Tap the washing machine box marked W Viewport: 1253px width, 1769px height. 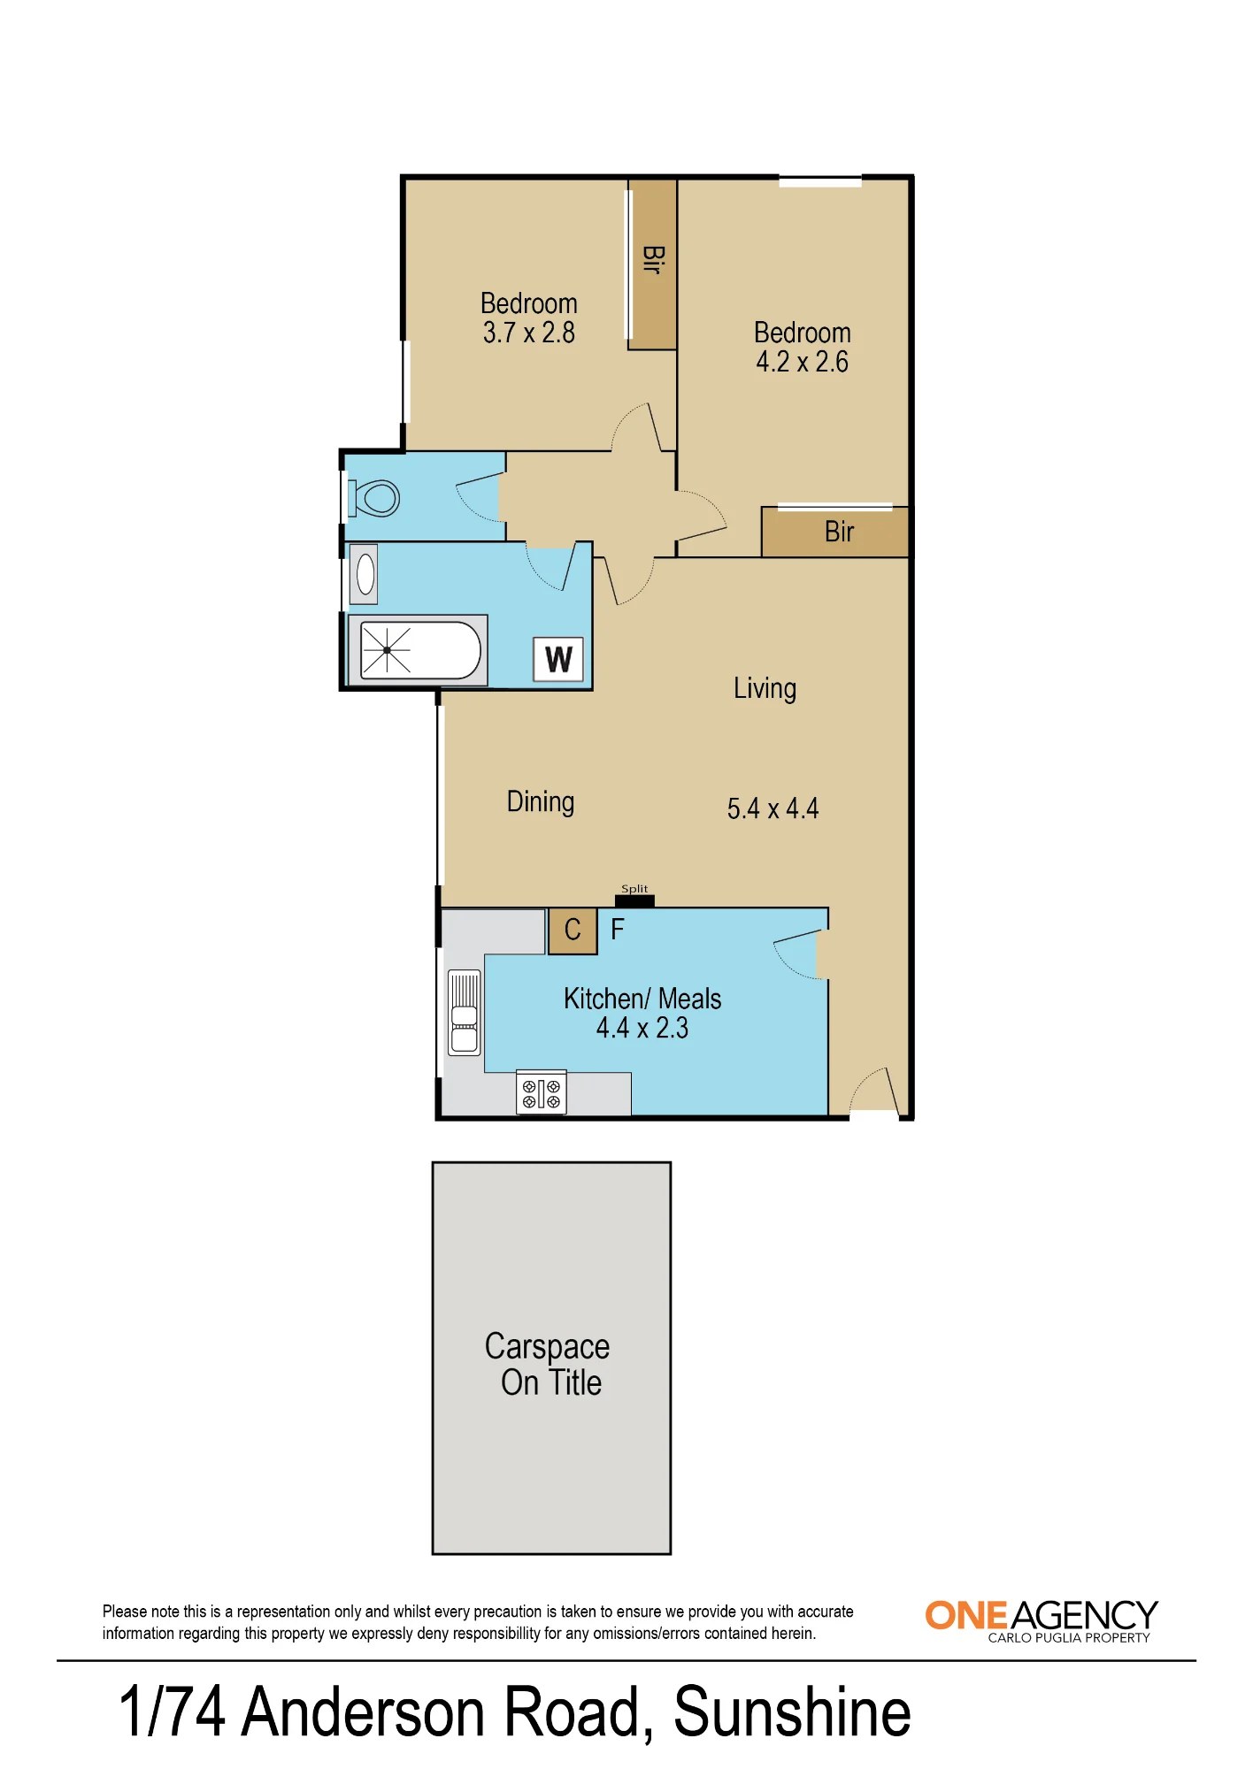click(558, 659)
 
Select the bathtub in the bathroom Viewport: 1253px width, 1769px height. click(418, 650)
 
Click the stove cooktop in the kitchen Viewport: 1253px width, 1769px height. click(541, 1093)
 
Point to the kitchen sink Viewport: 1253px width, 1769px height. click(465, 1013)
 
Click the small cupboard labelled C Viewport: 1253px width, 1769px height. click(573, 931)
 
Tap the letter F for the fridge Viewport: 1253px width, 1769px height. click(618, 930)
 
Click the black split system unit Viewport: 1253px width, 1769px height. click(634, 901)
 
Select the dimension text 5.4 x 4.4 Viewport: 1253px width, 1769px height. click(773, 808)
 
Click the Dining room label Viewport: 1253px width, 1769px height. click(541, 802)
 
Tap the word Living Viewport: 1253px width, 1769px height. click(765, 689)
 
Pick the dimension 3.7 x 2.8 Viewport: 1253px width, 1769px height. click(529, 333)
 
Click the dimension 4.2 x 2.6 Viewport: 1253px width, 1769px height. click(802, 362)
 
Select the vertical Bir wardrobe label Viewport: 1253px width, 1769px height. click(653, 259)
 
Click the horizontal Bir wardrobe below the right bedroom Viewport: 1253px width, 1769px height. click(835, 532)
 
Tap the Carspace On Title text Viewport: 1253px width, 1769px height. click(548, 1364)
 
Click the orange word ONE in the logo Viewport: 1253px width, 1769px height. click(967, 1616)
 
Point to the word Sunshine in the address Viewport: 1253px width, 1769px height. click(792, 1712)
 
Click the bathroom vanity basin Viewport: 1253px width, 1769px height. click(365, 574)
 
